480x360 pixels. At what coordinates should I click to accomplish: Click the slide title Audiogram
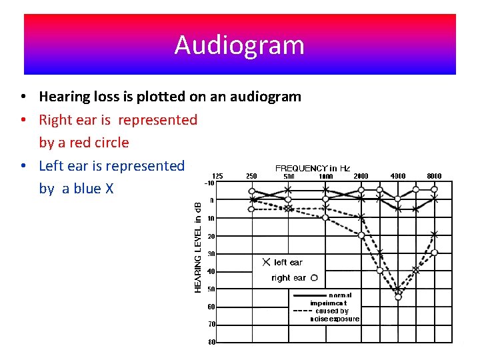tap(239, 45)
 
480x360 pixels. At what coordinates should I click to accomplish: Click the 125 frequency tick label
tap(217, 176)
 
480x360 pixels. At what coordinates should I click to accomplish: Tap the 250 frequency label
tap(252, 176)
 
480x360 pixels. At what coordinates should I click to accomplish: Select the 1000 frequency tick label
tap(325, 176)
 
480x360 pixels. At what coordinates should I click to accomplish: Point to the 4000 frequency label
tap(398, 176)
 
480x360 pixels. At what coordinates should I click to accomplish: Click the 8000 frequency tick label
tap(434, 176)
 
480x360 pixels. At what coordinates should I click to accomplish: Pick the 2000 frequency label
tap(361, 176)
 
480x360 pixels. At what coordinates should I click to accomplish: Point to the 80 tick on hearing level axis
tap(211, 343)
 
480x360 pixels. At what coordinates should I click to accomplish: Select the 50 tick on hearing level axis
tap(211, 289)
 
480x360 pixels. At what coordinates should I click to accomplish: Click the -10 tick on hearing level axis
tap(209, 183)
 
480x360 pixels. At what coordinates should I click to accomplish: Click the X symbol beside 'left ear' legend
tap(266, 263)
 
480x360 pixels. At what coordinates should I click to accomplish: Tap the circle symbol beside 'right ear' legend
tap(314, 278)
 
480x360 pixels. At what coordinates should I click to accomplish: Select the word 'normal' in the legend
tap(339, 295)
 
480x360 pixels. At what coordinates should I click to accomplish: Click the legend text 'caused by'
tap(332, 311)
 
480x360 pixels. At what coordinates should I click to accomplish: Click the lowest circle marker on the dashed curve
tap(398, 297)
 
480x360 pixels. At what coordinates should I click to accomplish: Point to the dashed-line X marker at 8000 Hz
tap(435, 234)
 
